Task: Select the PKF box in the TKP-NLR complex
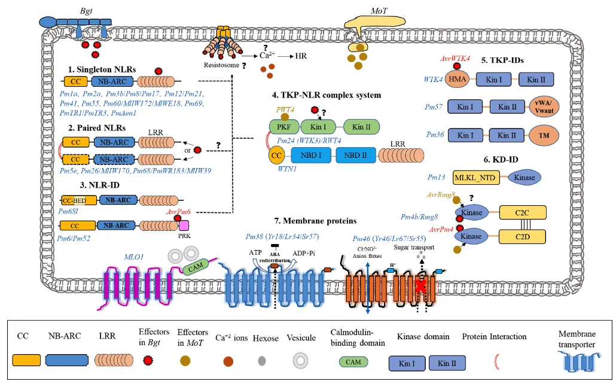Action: click(x=279, y=127)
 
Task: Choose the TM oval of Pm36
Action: click(x=544, y=135)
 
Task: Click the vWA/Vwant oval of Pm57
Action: click(x=544, y=107)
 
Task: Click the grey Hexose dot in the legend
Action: click(x=262, y=361)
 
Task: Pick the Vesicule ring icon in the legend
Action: click(x=300, y=361)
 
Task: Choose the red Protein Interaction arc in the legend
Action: click(x=496, y=361)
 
